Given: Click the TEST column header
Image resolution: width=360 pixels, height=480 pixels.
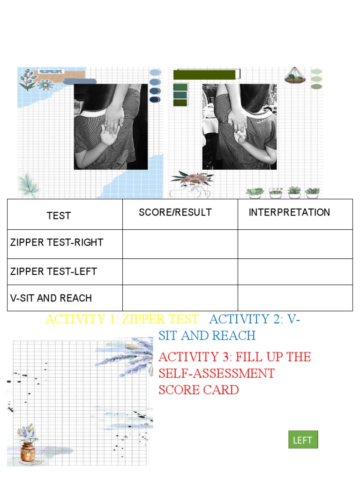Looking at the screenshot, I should coord(59,216).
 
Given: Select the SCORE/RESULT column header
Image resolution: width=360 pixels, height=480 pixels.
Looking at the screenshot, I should coord(175,212).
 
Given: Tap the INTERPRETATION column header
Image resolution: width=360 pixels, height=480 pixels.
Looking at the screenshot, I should coord(289,212).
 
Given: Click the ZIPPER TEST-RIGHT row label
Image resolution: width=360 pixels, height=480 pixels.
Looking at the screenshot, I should coord(56,243).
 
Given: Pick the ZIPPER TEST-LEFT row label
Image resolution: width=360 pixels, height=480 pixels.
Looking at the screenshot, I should coord(53,271).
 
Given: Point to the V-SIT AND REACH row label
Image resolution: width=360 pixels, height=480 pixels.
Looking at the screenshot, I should coord(51,298).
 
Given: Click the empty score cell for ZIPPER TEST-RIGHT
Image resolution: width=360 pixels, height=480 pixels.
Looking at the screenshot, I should coord(180,244).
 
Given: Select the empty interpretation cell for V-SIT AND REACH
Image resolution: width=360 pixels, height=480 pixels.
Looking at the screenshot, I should coord(295,298).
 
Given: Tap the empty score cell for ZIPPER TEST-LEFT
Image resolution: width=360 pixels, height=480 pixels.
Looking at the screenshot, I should coord(180,272).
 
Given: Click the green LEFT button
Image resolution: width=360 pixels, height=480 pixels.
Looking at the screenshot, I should coord(303,440).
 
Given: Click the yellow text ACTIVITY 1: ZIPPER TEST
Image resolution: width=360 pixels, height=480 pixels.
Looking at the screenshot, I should coord(121,319).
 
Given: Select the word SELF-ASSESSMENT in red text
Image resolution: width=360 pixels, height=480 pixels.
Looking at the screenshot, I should coord(216,374).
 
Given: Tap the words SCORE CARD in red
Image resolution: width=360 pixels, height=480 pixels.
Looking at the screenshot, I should coord(198,390).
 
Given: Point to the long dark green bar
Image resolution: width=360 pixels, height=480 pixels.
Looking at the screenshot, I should coord(204,75).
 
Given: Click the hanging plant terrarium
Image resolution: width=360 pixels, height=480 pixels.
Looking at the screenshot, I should coord(295,75).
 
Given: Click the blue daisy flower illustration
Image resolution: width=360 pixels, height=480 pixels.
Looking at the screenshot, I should coord(45,85).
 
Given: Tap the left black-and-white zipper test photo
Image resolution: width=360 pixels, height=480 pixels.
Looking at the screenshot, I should coord(111,127).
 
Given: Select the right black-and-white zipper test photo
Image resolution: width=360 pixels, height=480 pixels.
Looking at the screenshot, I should coord(239,127).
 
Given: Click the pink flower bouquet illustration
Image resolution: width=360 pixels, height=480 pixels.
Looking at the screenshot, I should coord(192,178).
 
